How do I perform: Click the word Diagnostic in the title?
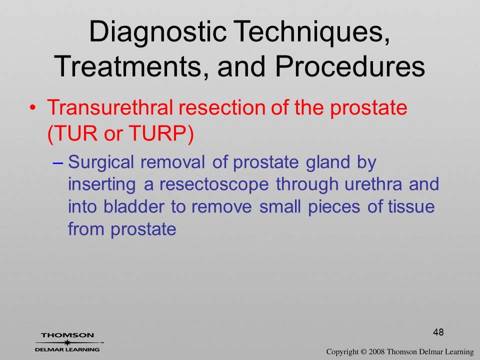tap(157, 31)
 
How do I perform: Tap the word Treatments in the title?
tap(128, 66)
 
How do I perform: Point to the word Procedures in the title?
tap(350, 66)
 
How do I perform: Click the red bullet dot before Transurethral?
tap(33, 108)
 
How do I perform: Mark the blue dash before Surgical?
tap(58, 162)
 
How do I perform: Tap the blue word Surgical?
tap(101, 162)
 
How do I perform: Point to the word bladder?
tap(134, 206)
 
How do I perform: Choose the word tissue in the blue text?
tap(411, 206)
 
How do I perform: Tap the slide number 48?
tap(438, 332)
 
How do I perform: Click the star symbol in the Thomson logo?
tap(66, 342)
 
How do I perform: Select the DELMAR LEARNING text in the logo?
tap(67, 349)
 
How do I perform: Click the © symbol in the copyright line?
tap(363, 352)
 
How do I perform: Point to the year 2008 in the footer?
tap(376, 352)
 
